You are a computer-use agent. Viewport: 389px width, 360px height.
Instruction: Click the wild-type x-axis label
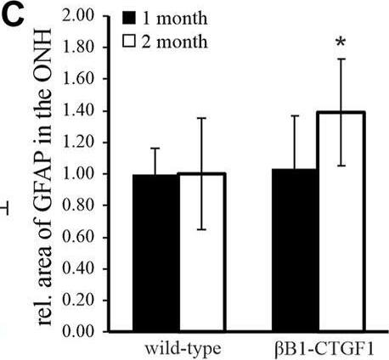click(x=181, y=347)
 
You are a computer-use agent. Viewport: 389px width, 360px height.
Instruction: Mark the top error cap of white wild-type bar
click(x=201, y=118)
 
